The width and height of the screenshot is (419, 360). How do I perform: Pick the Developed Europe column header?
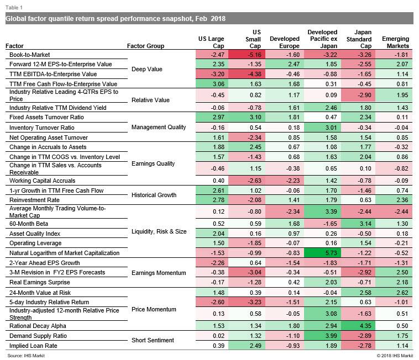click(x=285, y=42)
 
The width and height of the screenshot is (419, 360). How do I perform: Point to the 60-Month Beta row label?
click(x=29, y=224)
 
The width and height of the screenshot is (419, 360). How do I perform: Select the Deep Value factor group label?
click(x=147, y=69)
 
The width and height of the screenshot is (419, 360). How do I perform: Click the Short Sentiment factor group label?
click(x=153, y=340)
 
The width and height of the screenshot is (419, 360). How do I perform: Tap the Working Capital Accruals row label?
click(x=42, y=181)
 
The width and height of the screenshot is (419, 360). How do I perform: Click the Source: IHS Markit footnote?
click(x=26, y=356)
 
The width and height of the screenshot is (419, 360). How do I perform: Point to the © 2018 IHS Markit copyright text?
click(x=395, y=356)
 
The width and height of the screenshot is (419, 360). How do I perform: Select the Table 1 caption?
click(x=14, y=8)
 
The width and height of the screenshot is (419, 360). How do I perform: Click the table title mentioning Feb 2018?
click(x=116, y=19)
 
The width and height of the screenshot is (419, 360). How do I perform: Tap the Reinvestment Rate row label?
click(x=34, y=200)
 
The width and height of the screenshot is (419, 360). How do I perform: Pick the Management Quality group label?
click(x=159, y=128)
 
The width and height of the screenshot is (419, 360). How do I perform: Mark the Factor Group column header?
click(x=145, y=46)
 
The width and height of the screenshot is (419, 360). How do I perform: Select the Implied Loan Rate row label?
click(x=33, y=346)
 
